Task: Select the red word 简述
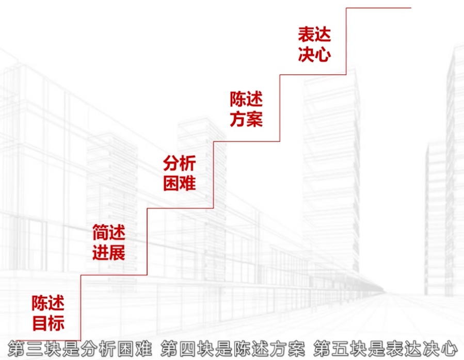(x=108, y=233)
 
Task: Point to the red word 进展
(x=108, y=253)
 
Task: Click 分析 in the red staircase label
(x=180, y=164)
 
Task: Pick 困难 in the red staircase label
(x=180, y=183)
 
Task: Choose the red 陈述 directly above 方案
(x=246, y=99)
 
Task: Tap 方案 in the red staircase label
(x=246, y=119)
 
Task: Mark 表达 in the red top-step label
(x=314, y=35)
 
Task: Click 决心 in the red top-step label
(x=314, y=55)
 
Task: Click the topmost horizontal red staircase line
(x=378, y=8)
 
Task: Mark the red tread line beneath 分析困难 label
(x=180, y=208)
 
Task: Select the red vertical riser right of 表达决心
(x=346, y=41)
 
